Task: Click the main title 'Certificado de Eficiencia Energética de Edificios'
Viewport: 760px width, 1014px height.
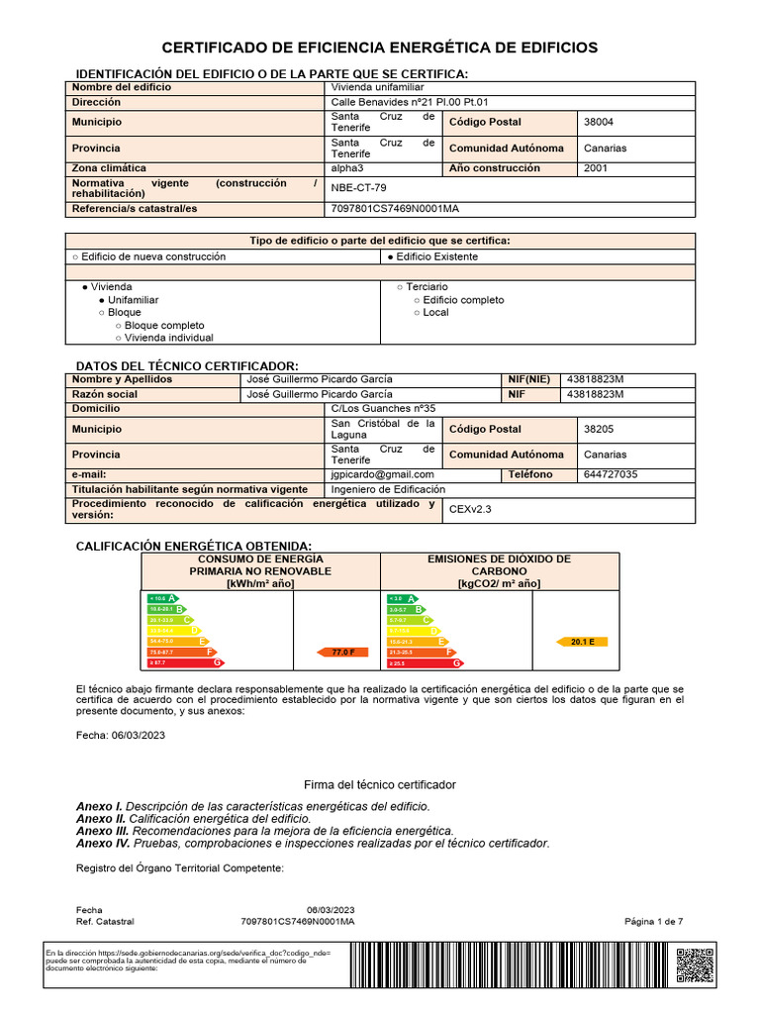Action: pyautogui.click(x=380, y=48)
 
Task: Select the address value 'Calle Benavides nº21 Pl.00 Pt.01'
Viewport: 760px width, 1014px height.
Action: pyautogui.click(x=410, y=102)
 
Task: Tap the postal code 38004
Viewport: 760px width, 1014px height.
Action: pyautogui.click(x=599, y=122)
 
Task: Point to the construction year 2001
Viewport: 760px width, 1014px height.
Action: pyautogui.click(x=597, y=168)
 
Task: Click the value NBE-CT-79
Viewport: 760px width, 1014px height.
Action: pyautogui.click(x=359, y=188)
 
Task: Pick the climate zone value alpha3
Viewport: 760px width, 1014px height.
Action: pyautogui.click(x=349, y=168)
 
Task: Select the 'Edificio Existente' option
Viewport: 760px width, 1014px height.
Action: pyautogui.click(x=435, y=256)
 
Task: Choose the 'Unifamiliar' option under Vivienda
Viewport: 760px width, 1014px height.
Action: pyautogui.click(x=133, y=299)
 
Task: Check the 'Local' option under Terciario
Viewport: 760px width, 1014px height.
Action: pyautogui.click(x=434, y=312)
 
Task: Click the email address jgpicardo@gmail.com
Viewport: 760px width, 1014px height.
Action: pyautogui.click(x=377, y=474)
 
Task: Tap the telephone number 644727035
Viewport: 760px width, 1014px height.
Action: pyautogui.click(x=612, y=474)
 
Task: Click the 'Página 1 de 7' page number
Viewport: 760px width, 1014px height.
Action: pyautogui.click(x=653, y=921)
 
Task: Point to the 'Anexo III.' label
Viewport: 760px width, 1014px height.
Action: pyautogui.click(x=103, y=831)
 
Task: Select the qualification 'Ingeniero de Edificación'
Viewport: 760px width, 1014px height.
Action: pyautogui.click(x=388, y=489)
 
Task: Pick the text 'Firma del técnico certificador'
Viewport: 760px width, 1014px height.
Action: pyautogui.click(x=380, y=784)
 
